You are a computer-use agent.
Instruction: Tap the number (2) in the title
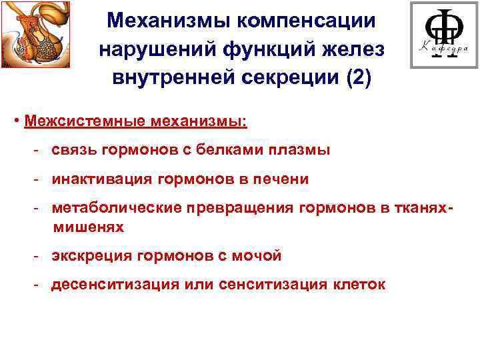pos(357,77)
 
